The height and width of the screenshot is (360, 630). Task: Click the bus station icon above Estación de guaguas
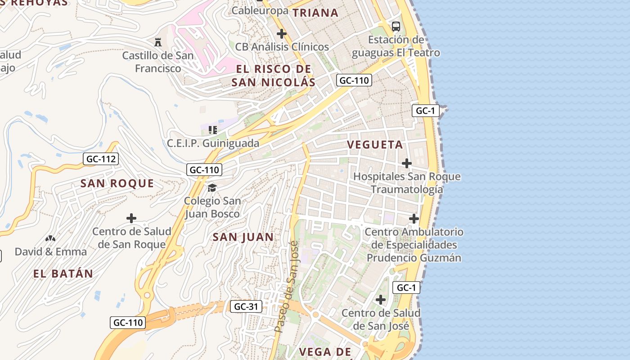(396, 27)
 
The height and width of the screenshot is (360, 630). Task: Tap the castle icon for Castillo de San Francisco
(158, 42)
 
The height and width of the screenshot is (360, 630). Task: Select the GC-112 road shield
(101, 159)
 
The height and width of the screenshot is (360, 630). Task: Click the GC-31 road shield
(246, 307)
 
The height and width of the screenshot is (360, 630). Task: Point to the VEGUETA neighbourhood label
(375, 145)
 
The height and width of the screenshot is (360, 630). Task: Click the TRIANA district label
(315, 13)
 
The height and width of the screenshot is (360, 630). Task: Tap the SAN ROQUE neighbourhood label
(117, 184)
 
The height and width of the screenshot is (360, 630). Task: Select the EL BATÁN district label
(63, 274)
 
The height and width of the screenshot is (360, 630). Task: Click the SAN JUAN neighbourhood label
(243, 237)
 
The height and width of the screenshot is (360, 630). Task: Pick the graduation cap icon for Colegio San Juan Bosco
(212, 188)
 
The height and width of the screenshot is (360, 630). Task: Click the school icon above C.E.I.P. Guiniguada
(213, 130)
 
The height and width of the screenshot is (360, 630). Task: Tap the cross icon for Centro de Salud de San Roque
(131, 219)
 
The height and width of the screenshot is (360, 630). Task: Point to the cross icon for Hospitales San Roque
(407, 163)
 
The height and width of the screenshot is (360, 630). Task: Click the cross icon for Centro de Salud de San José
(381, 300)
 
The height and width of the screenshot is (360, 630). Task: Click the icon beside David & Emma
(50, 238)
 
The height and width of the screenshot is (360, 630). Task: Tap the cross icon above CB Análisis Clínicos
(282, 34)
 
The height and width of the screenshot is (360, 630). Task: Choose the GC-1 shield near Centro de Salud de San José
(406, 288)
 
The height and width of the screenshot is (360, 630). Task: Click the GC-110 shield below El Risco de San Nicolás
(354, 81)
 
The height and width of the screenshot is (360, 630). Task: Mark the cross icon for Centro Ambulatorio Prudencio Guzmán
(414, 219)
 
